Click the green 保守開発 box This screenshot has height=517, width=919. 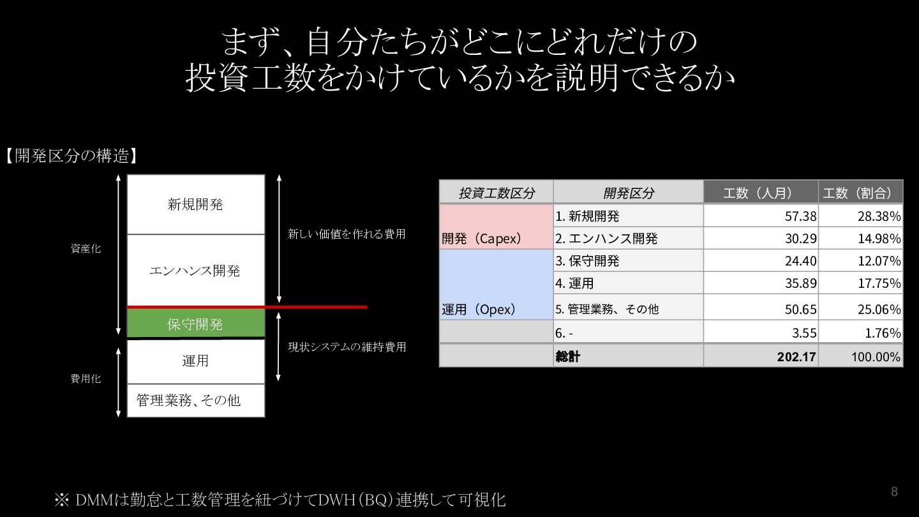tap(196, 324)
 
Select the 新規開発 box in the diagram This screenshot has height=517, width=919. tap(196, 204)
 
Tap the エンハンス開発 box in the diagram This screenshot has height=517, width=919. tap(196, 271)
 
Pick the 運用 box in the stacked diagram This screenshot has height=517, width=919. tap(196, 361)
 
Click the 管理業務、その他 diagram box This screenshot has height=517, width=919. tap(196, 400)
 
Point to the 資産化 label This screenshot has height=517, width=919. tap(86, 249)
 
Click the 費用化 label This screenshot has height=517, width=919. tap(86, 378)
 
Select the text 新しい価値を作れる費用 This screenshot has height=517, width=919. tap(347, 234)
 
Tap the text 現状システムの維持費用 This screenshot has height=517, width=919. tap(347, 347)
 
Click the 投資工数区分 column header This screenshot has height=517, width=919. tap(497, 193)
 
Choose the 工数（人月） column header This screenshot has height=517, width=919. tap(761, 193)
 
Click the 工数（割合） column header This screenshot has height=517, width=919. tap(861, 193)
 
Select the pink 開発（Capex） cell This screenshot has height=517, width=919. tap(497, 227)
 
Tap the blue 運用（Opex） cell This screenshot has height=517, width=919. tap(497, 285)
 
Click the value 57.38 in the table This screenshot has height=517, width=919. tap(800, 216)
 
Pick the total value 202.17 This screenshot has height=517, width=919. tap(796, 357)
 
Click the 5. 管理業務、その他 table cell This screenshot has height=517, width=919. tap(628, 308)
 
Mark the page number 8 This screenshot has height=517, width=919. tap(894, 491)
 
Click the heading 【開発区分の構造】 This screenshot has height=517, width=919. tap(71, 156)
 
